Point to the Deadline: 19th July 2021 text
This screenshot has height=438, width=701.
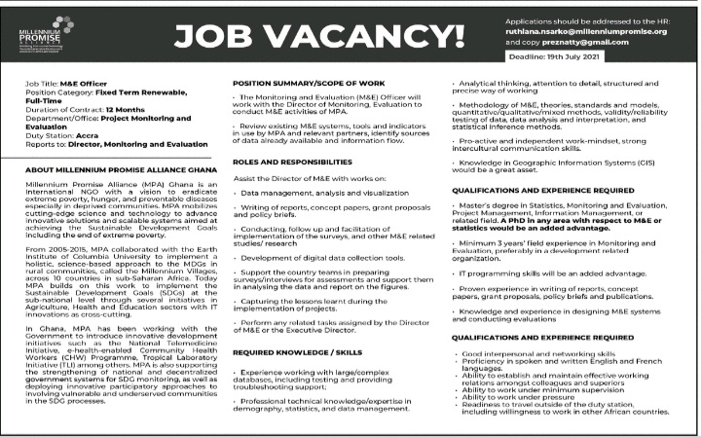tap(626, 61)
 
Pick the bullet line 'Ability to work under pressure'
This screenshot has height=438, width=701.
tap(517, 397)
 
